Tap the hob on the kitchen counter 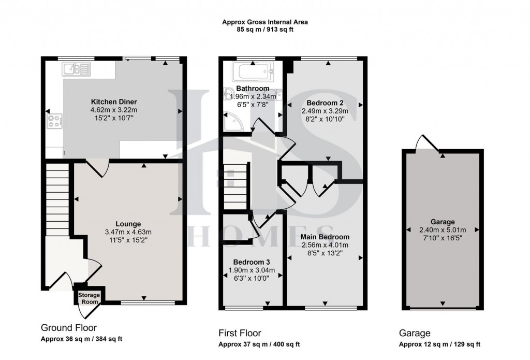54,121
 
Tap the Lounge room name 128,224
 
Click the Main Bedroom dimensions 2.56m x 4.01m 325,245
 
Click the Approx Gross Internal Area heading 265,22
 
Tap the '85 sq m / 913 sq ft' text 265,30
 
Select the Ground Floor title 68,327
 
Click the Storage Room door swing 84,310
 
